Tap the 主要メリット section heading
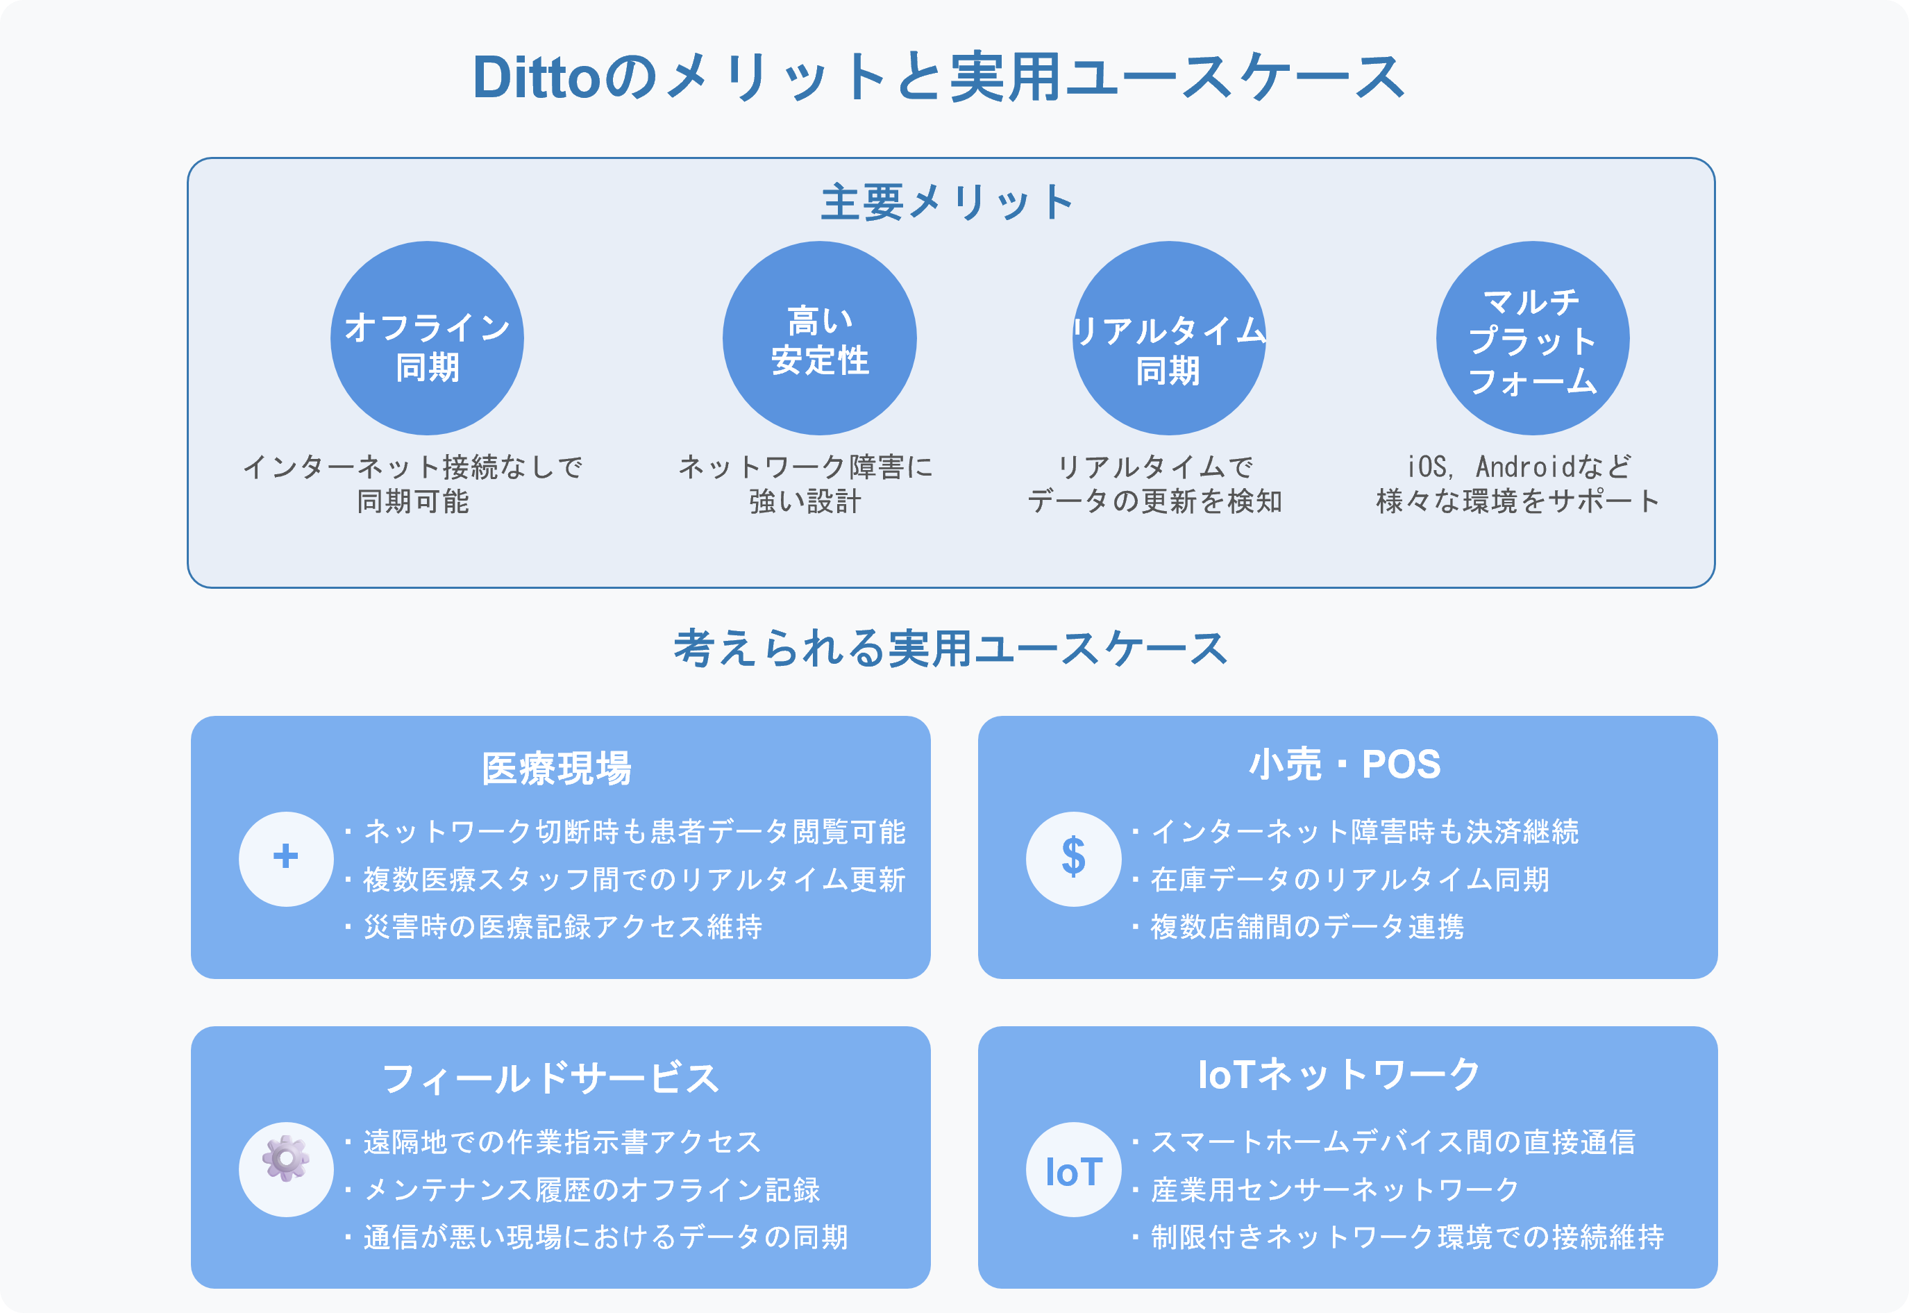[948, 202]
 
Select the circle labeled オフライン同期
[427, 338]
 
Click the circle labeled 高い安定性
[819, 338]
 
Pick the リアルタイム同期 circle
[1169, 338]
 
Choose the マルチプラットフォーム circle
[1532, 338]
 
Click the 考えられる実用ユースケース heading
[951, 649]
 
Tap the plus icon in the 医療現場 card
[285, 858]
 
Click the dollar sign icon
[1073, 858]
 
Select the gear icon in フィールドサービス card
[285, 1159]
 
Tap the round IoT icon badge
[1073, 1170]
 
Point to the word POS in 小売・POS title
[1401, 764]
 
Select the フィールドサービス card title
[550, 1078]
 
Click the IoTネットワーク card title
[1339, 1074]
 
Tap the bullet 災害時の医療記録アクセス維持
[562, 927]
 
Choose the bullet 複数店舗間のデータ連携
[1307, 927]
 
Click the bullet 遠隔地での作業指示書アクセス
[562, 1142]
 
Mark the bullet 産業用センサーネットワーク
[1334, 1189]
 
